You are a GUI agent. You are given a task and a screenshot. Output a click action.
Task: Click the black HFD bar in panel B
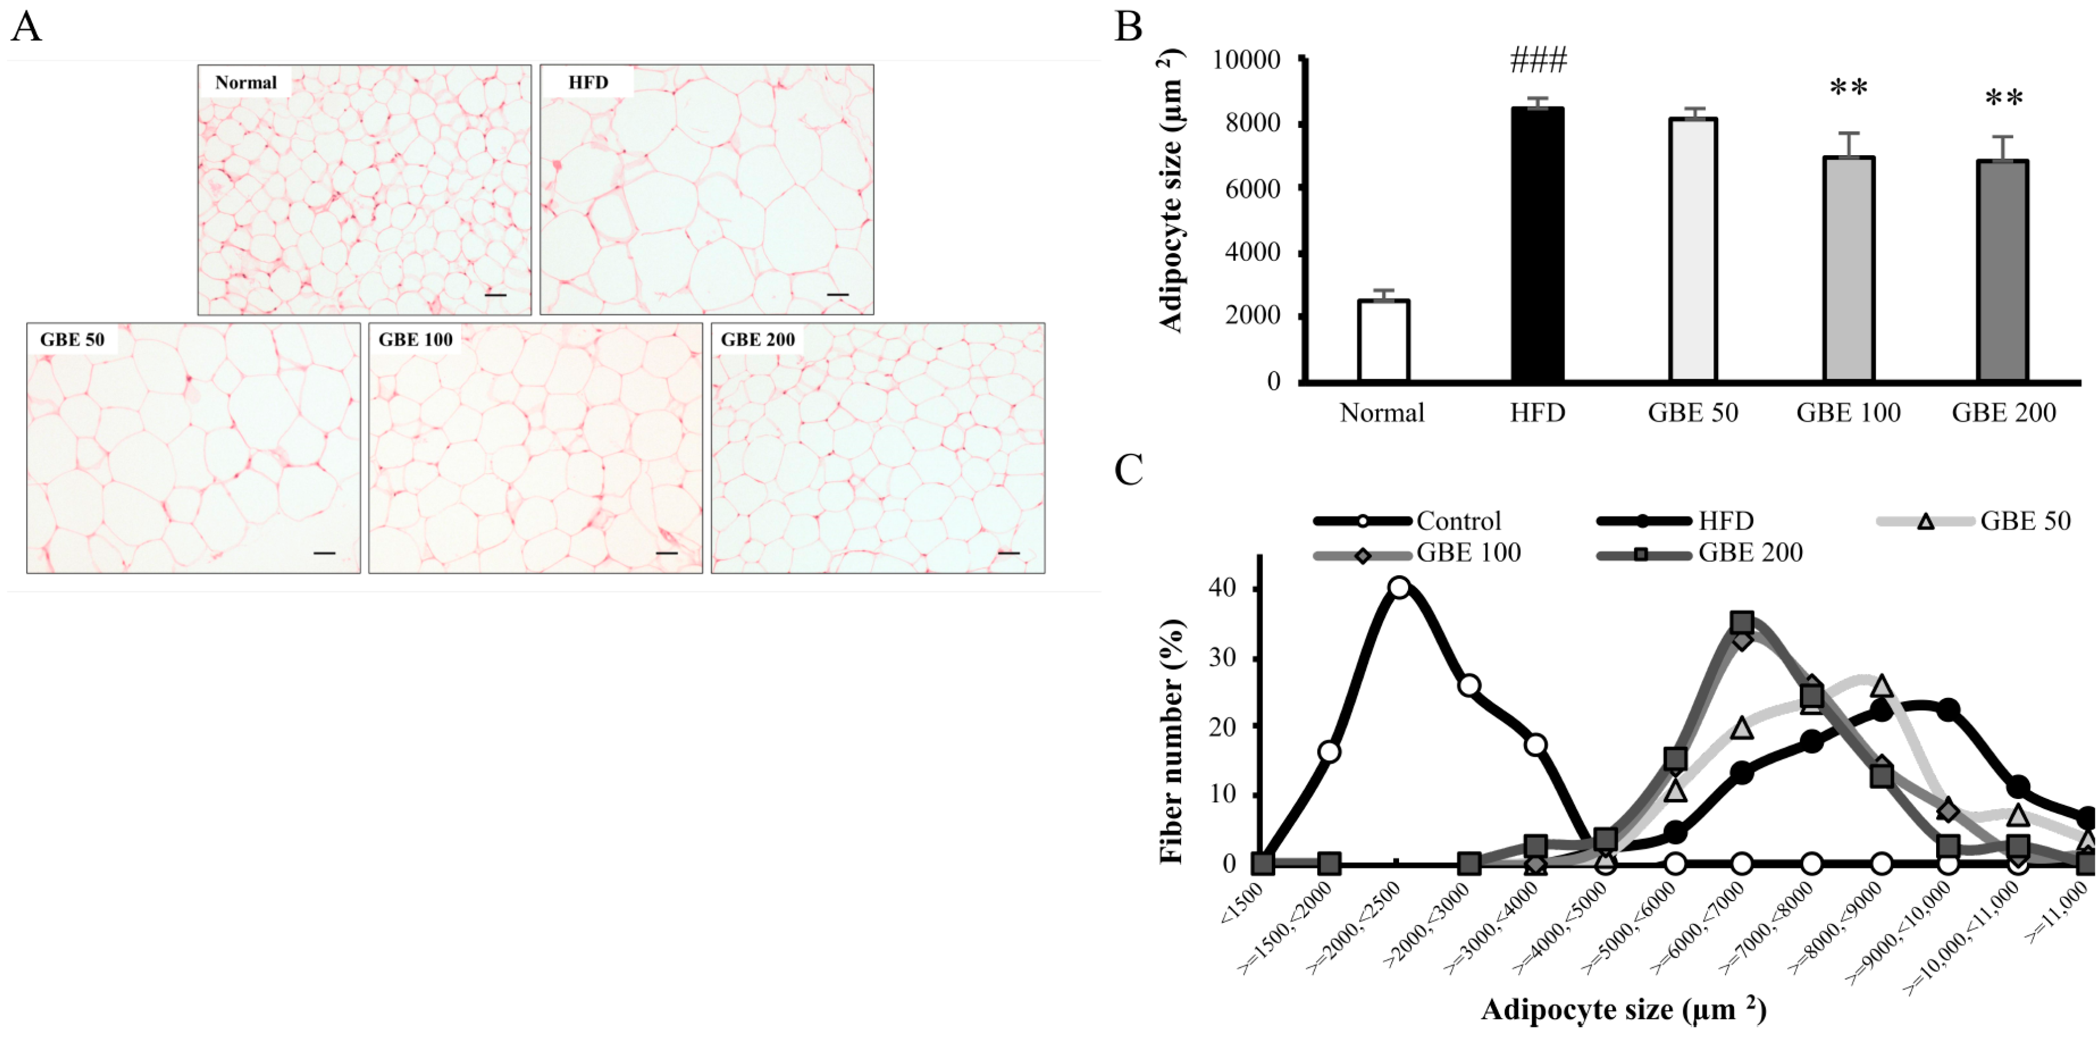coord(1538,245)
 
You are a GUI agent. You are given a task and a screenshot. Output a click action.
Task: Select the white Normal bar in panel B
coord(1384,340)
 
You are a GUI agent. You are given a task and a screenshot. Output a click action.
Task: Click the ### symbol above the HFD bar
coord(1538,61)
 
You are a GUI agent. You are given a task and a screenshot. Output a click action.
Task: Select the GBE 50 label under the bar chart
coord(1692,413)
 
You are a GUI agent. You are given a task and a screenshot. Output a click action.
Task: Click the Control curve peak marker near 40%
coord(1400,588)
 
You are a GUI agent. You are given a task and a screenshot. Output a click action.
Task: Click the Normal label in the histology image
coord(245,82)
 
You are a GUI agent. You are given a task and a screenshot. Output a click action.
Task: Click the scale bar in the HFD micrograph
coord(837,294)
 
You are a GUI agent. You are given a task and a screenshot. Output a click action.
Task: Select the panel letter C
coord(1129,470)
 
